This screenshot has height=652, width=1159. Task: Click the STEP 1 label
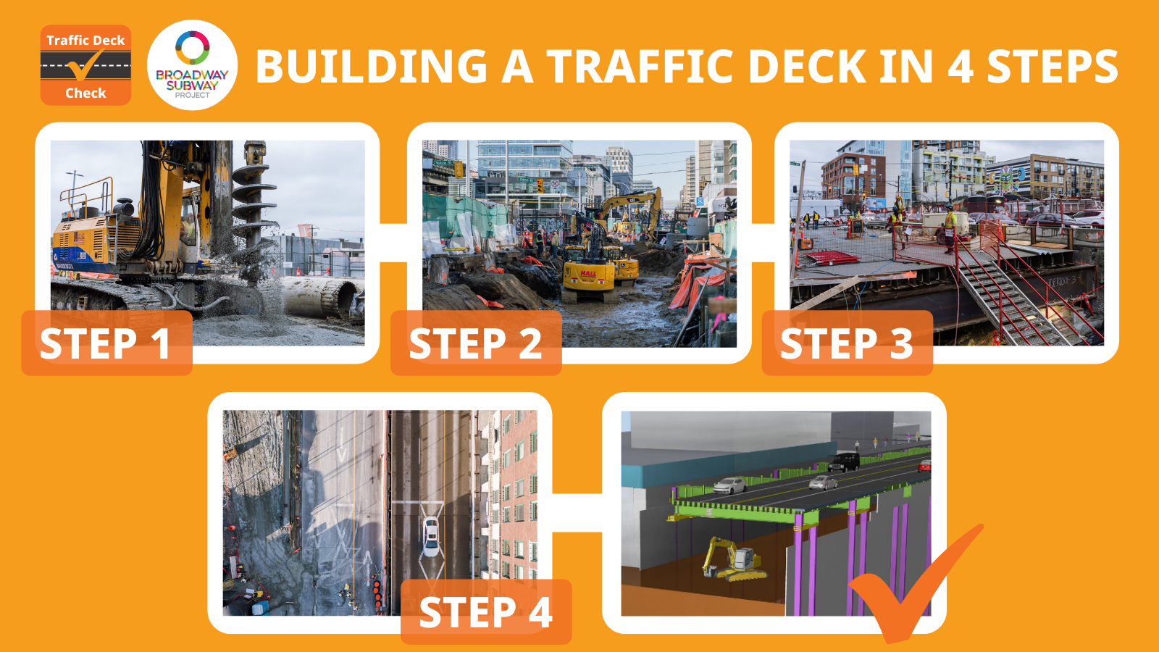tap(106, 343)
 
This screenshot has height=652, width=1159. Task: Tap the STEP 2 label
tap(476, 343)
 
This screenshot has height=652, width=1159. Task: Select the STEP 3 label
tap(847, 343)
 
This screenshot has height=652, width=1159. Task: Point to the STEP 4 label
tap(486, 611)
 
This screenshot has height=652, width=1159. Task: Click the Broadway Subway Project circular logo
tap(193, 65)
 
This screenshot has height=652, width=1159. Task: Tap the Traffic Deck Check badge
tap(86, 65)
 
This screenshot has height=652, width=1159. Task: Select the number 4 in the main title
tap(961, 66)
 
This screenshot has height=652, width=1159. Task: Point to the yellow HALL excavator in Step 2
tap(589, 269)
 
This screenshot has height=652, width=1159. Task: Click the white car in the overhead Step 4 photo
tap(430, 536)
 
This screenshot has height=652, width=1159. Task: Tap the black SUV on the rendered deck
tap(844, 461)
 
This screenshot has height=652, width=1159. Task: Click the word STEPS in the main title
tap(1053, 66)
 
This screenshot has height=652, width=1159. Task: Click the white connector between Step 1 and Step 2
tap(393, 243)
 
